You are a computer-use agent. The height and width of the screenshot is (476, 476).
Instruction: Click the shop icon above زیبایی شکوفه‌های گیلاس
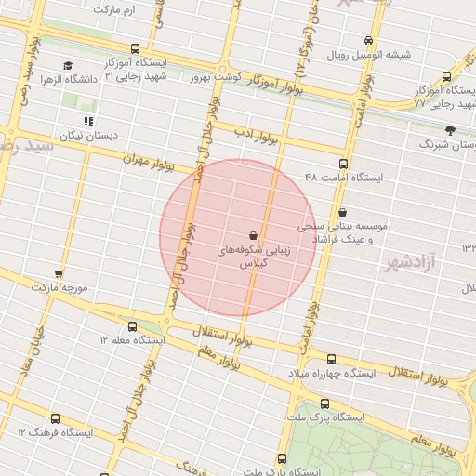click(x=255, y=235)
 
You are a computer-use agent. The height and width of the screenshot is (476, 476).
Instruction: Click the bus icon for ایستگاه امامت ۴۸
click(x=344, y=164)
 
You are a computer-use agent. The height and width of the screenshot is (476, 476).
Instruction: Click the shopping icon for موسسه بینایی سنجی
click(x=344, y=212)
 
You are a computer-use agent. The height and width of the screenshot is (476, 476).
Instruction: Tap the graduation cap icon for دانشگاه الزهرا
click(x=68, y=65)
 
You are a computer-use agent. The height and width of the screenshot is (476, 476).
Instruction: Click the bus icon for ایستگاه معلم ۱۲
click(x=132, y=326)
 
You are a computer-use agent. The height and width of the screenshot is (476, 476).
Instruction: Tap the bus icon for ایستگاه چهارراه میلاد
click(x=331, y=359)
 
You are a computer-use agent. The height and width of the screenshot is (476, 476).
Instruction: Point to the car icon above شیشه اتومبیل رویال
click(x=368, y=40)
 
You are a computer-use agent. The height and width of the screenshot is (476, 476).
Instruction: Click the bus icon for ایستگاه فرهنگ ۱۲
click(x=55, y=419)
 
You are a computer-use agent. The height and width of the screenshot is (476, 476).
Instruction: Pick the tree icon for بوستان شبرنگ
click(x=451, y=130)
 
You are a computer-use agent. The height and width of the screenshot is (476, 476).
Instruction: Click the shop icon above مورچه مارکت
click(x=59, y=274)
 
